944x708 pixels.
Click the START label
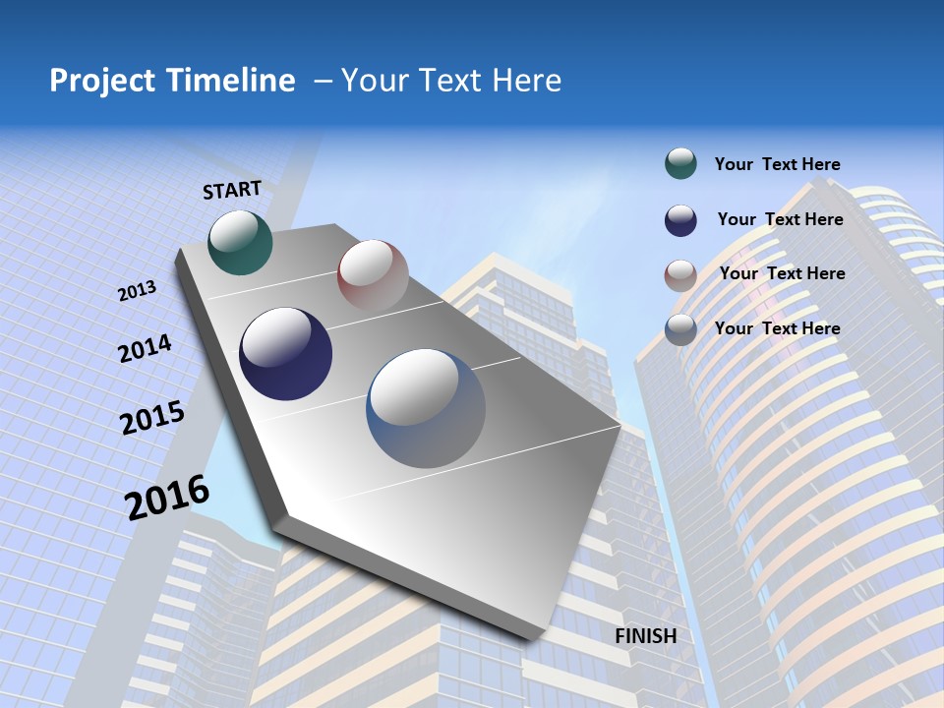tap(232, 190)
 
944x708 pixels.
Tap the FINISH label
tap(646, 636)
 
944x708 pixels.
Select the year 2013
tap(138, 291)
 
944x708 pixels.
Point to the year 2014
tap(146, 349)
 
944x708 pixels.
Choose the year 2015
tap(152, 418)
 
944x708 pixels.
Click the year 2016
tap(168, 498)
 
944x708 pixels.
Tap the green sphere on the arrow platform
tap(240, 242)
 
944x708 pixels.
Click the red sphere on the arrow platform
tap(373, 275)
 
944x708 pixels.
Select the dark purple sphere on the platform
tap(286, 354)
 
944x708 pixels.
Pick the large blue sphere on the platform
tap(426, 408)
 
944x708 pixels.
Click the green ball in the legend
tap(680, 163)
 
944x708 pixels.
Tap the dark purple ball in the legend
tap(680, 220)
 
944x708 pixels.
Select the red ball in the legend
tap(680, 275)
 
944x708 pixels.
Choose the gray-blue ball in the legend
tap(680, 329)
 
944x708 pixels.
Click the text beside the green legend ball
tap(777, 164)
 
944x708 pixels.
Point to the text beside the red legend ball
tap(782, 273)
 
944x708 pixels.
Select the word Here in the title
tap(527, 81)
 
